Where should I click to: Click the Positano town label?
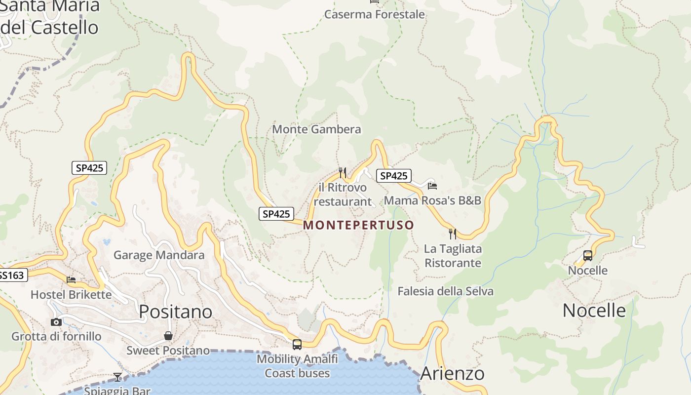click(x=175, y=312)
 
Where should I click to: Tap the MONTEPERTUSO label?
click(x=358, y=225)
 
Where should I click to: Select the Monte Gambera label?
click(x=316, y=129)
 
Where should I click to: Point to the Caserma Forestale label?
click(x=374, y=14)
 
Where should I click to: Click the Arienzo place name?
click(x=452, y=374)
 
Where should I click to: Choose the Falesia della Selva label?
click(x=445, y=291)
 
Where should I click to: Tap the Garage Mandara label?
click(x=159, y=255)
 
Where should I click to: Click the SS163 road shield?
click(x=12, y=275)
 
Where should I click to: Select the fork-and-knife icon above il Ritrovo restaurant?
click(x=343, y=172)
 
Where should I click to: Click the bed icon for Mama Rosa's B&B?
click(x=432, y=186)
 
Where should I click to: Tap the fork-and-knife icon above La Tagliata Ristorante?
click(x=452, y=234)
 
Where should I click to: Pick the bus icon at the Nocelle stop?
click(x=587, y=256)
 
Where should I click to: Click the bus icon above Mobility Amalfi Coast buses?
click(x=297, y=345)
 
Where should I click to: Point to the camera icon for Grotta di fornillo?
click(x=56, y=322)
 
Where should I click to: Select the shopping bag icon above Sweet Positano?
click(x=168, y=336)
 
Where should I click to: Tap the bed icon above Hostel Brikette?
click(x=71, y=280)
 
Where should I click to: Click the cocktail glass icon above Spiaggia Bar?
click(x=117, y=377)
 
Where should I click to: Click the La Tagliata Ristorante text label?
click(x=453, y=256)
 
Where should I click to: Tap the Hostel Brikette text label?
click(x=71, y=295)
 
